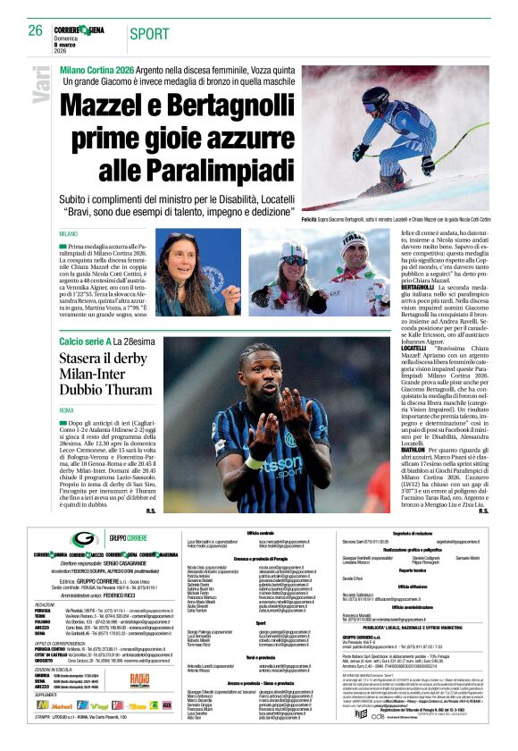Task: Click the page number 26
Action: [x=33, y=30]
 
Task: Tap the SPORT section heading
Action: [x=147, y=34]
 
